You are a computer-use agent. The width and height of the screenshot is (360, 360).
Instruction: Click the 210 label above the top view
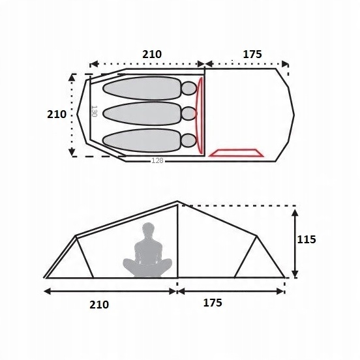[152, 54]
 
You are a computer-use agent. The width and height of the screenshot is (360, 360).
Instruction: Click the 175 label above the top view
[252, 54]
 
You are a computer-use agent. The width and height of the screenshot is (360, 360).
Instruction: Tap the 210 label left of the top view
[57, 114]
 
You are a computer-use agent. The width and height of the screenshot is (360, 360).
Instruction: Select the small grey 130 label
[95, 111]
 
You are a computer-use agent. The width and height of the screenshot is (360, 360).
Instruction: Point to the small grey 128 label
[157, 160]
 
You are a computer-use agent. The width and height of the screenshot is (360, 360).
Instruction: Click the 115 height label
[307, 239]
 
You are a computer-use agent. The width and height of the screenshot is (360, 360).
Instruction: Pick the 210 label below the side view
[99, 305]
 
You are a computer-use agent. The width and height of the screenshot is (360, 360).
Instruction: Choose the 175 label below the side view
[213, 303]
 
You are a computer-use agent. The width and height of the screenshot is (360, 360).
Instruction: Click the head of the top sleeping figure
[189, 88]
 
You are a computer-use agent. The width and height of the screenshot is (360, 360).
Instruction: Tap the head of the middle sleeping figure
[189, 113]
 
